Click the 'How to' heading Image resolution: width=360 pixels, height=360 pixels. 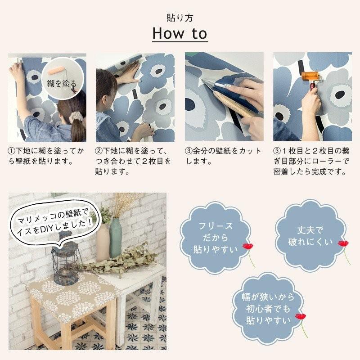point(180,33)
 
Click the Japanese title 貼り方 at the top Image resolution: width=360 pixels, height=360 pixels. point(180,18)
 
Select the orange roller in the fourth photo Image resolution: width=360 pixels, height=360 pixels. point(310,76)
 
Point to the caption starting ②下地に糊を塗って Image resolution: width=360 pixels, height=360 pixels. point(134,161)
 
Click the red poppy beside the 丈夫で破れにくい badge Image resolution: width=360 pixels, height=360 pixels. point(343,244)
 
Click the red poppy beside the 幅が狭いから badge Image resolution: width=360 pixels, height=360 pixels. point(300,317)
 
